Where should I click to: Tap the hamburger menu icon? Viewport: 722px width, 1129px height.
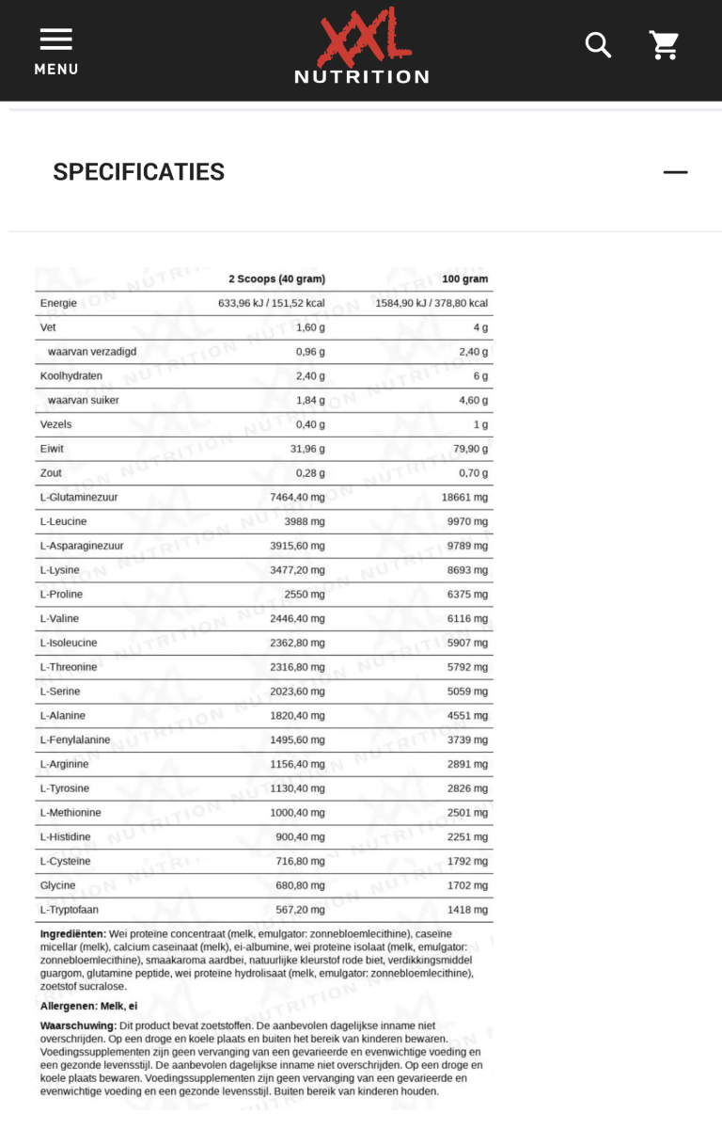click(55, 40)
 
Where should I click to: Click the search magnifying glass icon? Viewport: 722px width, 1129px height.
click(598, 44)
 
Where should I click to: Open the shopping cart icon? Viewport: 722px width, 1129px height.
click(664, 44)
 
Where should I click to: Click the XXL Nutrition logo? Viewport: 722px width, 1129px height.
click(361, 47)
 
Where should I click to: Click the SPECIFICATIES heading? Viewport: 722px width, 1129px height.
click(138, 172)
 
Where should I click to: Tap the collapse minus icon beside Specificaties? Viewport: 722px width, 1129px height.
click(675, 172)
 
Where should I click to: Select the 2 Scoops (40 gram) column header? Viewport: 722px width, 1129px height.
click(276, 278)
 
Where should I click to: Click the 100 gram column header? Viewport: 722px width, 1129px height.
click(464, 278)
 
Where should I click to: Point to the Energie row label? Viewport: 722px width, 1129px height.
click(58, 303)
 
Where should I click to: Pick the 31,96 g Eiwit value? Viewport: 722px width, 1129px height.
click(306, 449)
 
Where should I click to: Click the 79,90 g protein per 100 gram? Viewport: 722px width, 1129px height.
click(469, 449)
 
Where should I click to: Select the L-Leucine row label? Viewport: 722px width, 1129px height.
click(65, 521)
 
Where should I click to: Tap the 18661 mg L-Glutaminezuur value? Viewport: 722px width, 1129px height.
click(467, 497)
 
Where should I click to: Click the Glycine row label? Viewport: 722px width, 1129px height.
click(57, 885)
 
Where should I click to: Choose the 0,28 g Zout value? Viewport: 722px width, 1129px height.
click(309, 473)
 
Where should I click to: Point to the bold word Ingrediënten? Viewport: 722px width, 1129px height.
click(72, 933)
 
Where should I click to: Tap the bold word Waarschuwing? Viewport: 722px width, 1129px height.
click(77, 1025)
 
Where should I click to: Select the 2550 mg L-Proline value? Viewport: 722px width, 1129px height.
click(304, 595)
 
